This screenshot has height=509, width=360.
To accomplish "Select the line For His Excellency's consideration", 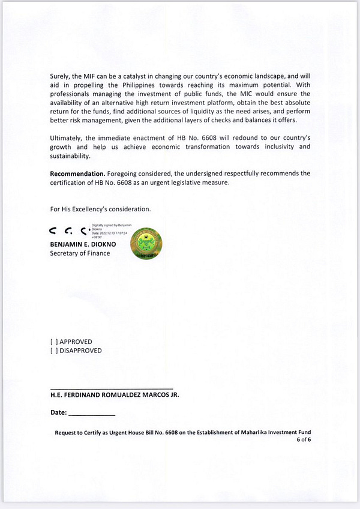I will [x=100, y=209].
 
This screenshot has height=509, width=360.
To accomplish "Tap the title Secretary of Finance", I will [x=80, y=253].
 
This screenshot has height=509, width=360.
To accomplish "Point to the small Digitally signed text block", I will [x=108, y=232].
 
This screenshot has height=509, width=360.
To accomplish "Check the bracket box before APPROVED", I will [x=53, y=342].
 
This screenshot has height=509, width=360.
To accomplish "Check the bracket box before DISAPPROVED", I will [x=53, y=351].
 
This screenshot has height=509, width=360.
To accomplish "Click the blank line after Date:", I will [x=92, y=415].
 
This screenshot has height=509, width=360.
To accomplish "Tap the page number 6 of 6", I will [x=303, y=440].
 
